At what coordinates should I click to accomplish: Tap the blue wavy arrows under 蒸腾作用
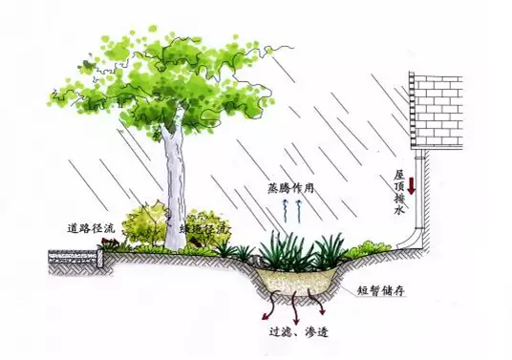[298, 207]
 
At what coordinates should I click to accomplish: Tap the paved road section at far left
[75, 255]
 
